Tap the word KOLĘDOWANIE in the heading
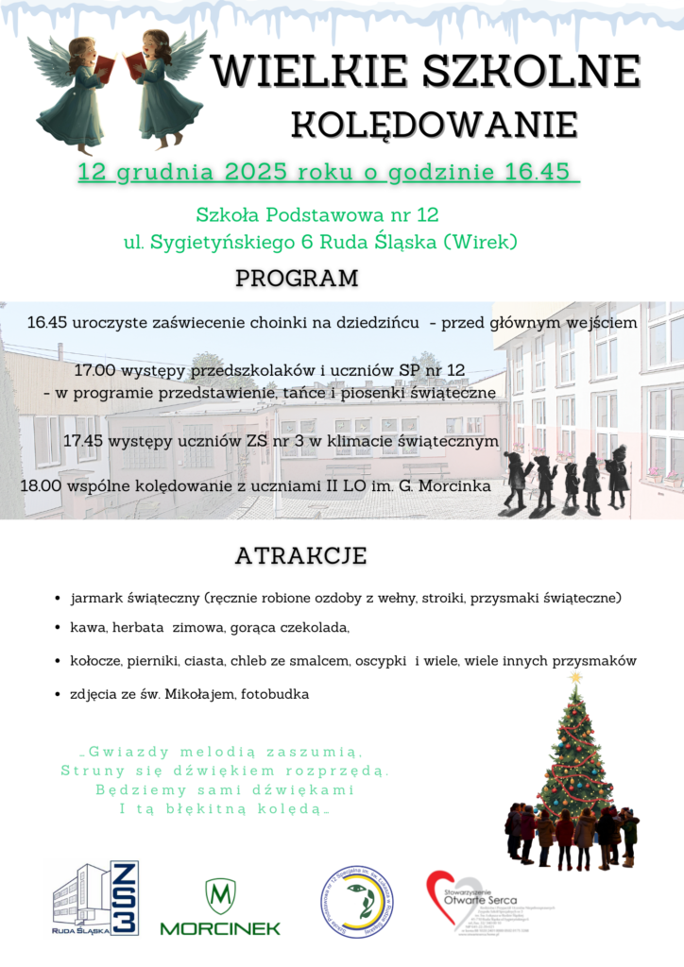click(x=434, y=124)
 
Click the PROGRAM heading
click(x=297, y=279)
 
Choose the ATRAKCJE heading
click(x=300, y=555)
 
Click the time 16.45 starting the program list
click(x=45, y=323)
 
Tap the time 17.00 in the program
click(x=103, y=369)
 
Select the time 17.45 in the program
click(x=82, y=441)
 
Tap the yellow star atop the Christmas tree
click(x=576, y=677)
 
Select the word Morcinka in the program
click(x=456, y=485)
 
